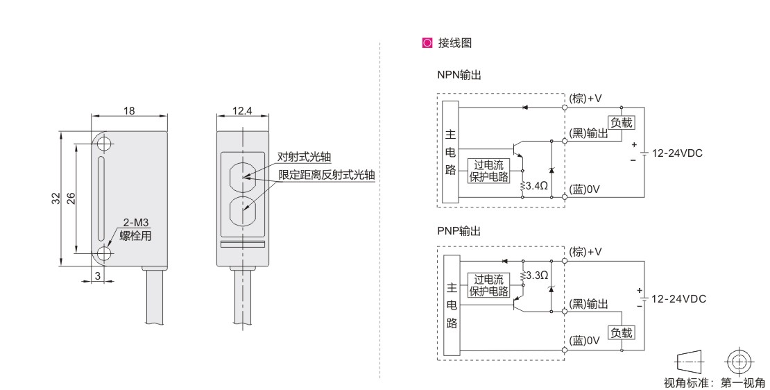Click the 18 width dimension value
tap(129, 110)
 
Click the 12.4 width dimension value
tap(242, 110)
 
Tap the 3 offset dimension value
tap(98, 277)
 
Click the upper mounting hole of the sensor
tap(104, 144)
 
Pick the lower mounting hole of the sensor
tap(104, 253)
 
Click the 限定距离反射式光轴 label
tap(326, 175)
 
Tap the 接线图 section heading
tap(452, 43)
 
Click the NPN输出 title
tap(459, 75)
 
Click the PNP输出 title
tap(459, 230)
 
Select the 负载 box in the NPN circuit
tap(621, 122)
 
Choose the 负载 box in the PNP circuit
tap(621, 332)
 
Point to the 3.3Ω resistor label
tap(538, 275)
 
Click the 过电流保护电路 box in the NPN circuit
tap(489, 171)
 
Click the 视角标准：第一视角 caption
tap(714, 382)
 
